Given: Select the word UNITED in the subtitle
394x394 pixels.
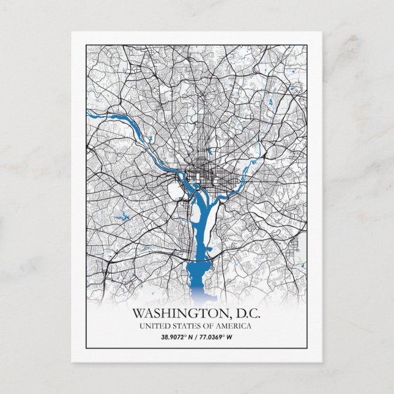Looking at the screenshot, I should pos(157,325).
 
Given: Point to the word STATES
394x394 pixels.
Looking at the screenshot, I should pos(189,325).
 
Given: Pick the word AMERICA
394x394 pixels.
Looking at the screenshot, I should pos(236,325).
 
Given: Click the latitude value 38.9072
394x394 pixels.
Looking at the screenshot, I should pos(174,336).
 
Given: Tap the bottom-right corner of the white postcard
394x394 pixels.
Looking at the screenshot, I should pos(322,362).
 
